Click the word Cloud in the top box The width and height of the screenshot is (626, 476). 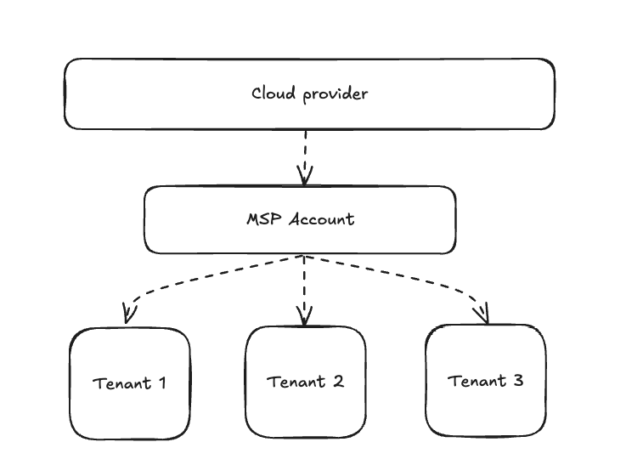272,93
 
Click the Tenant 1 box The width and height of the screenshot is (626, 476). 129,382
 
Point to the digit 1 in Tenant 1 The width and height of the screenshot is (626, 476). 161,382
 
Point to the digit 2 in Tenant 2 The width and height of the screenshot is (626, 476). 338,381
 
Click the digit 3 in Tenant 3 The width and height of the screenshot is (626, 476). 518,380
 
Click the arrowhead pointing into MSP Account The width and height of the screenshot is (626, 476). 305,177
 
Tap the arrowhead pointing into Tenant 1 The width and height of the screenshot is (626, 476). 128,315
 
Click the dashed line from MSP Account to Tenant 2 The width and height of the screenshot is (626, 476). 305,285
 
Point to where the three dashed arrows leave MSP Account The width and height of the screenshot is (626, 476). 305,256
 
